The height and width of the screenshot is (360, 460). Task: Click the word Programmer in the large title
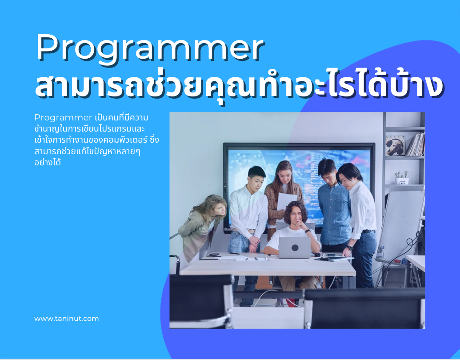150,48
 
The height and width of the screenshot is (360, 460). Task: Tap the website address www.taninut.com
67,319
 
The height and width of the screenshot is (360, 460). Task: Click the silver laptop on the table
295,248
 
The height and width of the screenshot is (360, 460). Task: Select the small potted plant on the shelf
402,177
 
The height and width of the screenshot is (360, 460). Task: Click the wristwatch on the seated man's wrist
307,231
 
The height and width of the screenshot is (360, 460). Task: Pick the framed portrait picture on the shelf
395,145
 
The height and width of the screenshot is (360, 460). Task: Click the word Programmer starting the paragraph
63,118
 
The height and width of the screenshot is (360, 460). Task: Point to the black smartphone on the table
214,255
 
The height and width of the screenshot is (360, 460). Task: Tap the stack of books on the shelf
416,144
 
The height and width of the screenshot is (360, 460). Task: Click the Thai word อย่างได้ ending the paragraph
48,162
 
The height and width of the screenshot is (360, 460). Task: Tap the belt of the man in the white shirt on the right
368,232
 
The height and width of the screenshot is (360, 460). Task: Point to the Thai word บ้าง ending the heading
416,85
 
